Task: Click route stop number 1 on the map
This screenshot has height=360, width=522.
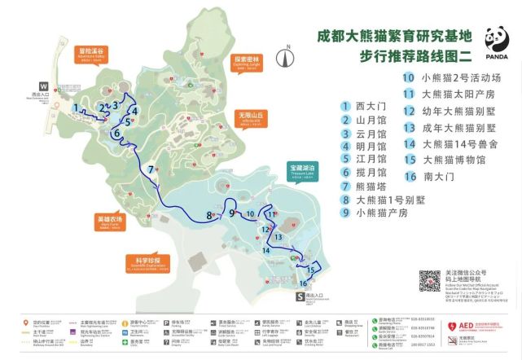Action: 76,108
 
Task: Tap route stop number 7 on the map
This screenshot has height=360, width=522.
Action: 151,169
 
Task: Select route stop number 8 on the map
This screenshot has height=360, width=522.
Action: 209,216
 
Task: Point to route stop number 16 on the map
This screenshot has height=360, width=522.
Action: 303,283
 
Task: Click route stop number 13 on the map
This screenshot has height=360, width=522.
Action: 279,235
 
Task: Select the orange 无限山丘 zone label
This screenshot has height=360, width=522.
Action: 249,117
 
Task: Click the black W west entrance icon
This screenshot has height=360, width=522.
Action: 42,85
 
